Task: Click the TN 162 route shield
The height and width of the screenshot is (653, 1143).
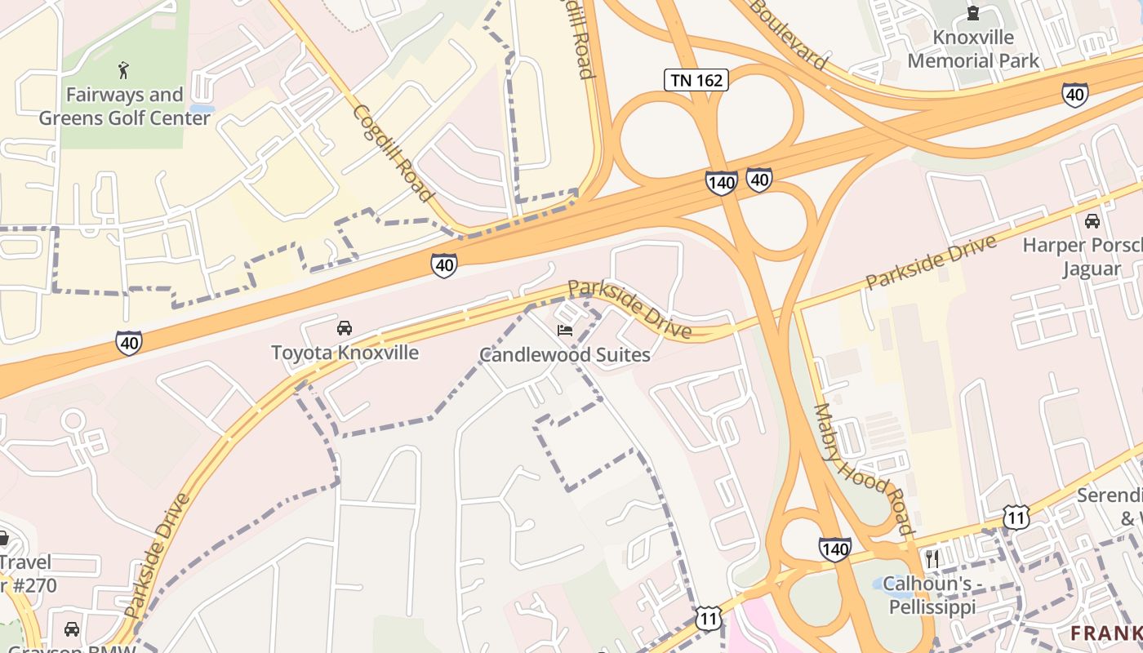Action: point(696,79)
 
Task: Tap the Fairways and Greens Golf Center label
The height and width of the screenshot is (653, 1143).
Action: point(124,106)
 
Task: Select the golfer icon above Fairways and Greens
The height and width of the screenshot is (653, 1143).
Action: point(123,70)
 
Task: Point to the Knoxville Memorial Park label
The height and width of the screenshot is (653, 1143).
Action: point(973,49)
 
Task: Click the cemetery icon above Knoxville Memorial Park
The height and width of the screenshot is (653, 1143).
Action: point(972,12)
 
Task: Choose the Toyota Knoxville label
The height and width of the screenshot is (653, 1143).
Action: point(345,353)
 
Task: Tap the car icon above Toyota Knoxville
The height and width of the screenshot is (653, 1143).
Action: point(345,328)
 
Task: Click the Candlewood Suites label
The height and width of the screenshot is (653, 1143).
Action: point(564,354)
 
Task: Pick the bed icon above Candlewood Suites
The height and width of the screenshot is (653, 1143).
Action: point(564,330)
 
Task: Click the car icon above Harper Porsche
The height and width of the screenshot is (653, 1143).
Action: point(1092,220)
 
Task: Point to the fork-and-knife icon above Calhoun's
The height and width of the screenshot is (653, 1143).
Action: point(931,558)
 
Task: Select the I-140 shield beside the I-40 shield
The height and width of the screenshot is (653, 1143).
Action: point(722,182)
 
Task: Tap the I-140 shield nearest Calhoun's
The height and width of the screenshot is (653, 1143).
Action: point(834,549)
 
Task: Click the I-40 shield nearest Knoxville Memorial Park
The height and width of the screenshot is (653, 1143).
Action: point(1074,95)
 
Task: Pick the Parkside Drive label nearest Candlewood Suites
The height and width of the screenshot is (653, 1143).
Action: point(629,309)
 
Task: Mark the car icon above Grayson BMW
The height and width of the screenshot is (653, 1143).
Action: point(72,629)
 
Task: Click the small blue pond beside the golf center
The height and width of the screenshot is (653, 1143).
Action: point(202,108)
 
